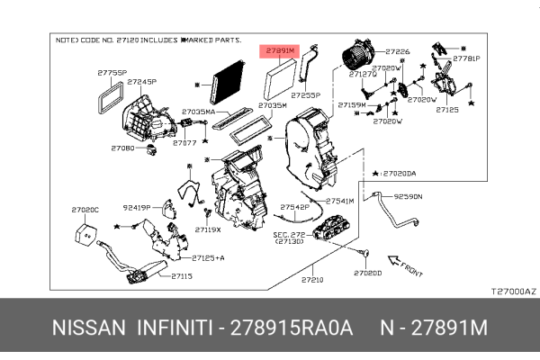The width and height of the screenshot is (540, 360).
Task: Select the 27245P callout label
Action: click(141, 82)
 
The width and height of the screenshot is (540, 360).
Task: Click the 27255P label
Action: click(305, 94)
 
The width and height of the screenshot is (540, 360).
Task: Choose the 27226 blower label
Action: click(397, 52)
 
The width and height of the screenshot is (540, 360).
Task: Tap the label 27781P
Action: click(466, 58)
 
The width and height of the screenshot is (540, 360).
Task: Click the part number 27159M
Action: click(351, 105)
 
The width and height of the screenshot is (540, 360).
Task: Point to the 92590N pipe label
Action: click(407, 195)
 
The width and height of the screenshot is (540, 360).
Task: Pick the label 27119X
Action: click(208, 229)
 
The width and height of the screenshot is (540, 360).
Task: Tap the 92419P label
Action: click(137, 207)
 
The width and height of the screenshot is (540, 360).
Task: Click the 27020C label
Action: click(85, 210)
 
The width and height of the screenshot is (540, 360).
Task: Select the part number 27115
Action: click(182, 276)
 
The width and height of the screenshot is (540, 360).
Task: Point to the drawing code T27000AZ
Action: click(512, 291)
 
